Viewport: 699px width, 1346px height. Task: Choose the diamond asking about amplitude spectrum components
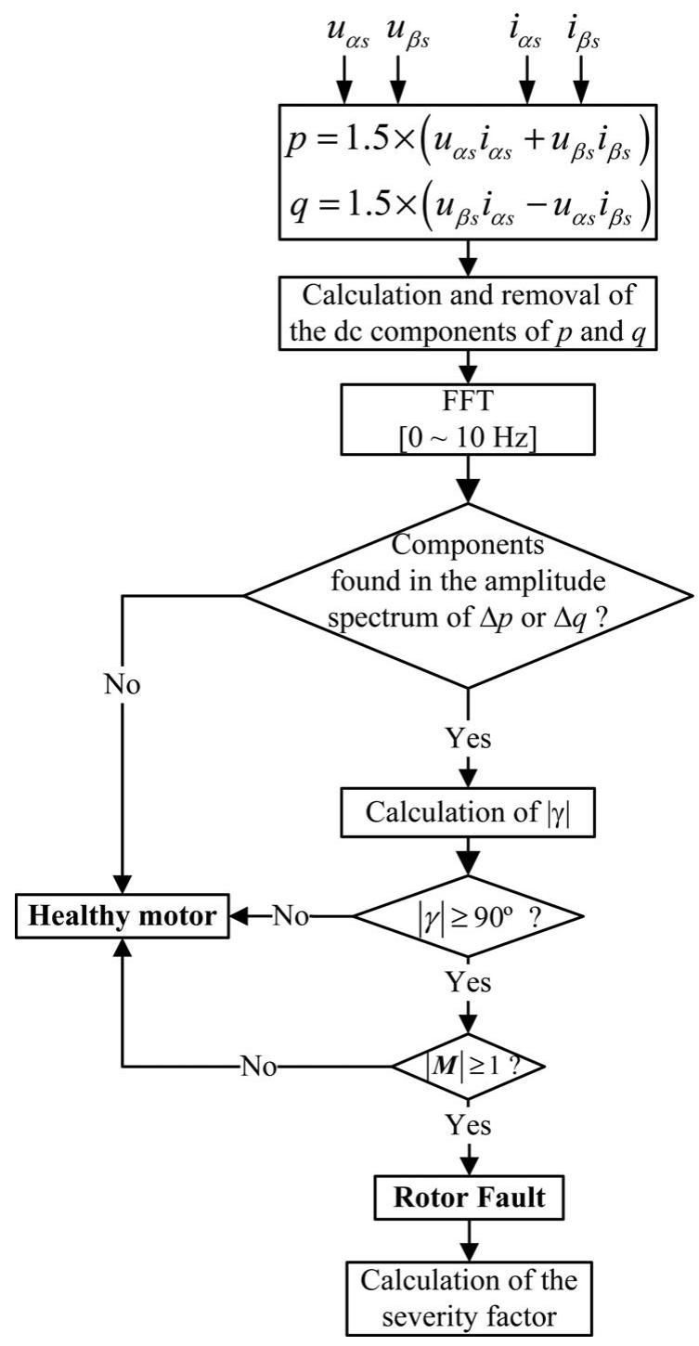467,595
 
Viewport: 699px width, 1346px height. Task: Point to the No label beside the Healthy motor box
291,916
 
